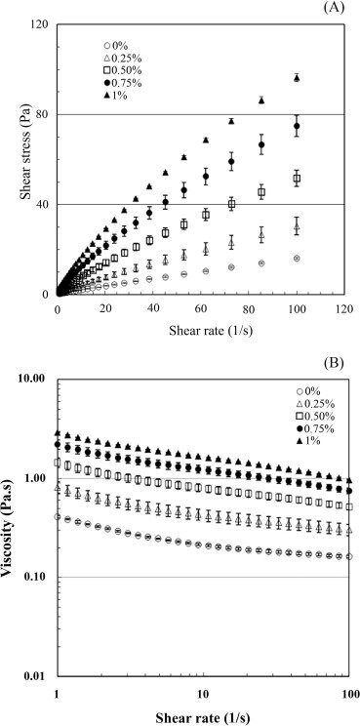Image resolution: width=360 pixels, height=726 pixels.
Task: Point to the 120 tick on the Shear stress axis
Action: (x=41, y=24)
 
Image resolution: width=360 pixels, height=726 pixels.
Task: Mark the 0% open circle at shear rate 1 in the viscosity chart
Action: (x=58, y=517)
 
